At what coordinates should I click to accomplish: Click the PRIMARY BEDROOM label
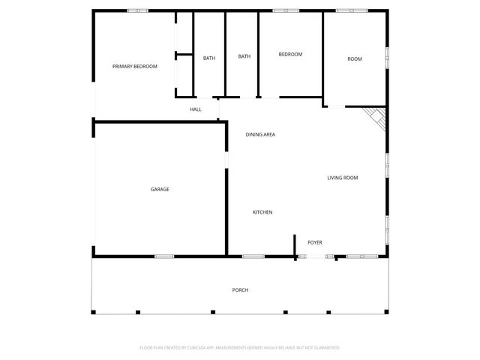click(x=135, y=67)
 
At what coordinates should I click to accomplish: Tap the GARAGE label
click(x=160, y=189)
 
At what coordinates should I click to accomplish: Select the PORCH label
click(x=240, y=290)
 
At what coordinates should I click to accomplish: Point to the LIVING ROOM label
click(x=342, y=178)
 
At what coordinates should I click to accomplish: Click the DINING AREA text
click(x=261, y=134)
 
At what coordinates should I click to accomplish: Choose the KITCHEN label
click(x=262, y=212)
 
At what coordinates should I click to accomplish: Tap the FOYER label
click(x=315, y=242)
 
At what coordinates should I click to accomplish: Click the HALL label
click(x=196, y=109)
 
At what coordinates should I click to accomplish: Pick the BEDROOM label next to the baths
click(x=290, y=54)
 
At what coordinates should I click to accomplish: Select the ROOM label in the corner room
click(x=355, y=59)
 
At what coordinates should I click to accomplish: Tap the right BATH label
click(x=244, y=56)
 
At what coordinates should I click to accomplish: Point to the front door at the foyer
click(x=316, y=257)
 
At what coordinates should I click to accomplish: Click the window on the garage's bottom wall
click(x=164, y=256)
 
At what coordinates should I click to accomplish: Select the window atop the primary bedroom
click(x=137, y=10)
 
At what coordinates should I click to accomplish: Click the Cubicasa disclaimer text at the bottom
click(x=240, y=347)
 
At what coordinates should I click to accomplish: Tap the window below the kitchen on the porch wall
click(x=253, y=256)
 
